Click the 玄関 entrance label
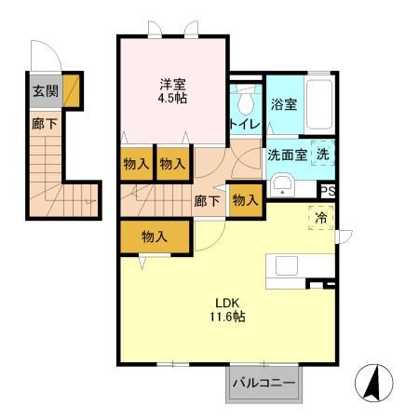click(43, 91)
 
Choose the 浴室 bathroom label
click(283, 104)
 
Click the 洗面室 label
click(288, 155)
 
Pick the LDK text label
click(228, 302)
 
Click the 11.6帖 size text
click(228, 317)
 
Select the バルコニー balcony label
click(264, 383)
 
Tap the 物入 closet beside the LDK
click(154, 237)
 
